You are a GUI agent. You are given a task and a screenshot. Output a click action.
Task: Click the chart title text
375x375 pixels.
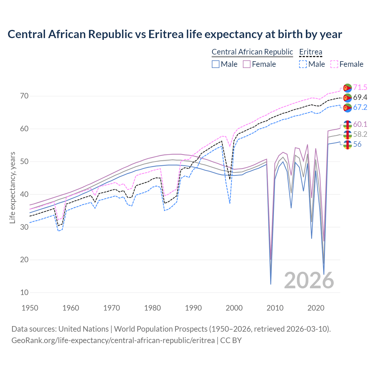point(175,34)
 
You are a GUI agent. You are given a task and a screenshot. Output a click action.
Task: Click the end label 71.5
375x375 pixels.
point(360,87)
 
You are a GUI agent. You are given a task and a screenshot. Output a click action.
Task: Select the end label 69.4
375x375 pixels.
point(360,97)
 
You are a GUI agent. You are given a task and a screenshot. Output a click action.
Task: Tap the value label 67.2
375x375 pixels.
point(360,107)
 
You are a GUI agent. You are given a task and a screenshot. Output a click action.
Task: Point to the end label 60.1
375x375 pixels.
point(360,124)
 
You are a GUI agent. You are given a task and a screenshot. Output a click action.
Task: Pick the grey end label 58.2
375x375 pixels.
point(360,134)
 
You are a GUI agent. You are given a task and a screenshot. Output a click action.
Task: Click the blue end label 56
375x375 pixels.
point(357,144)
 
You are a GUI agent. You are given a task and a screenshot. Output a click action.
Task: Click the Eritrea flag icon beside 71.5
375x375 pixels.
point(347,88)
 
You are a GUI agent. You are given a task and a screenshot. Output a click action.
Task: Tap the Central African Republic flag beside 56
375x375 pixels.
point(347,144)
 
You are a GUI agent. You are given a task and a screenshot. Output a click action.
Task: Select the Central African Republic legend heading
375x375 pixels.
point(252,52)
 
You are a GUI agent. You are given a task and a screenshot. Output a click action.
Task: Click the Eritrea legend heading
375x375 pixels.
point(311,52)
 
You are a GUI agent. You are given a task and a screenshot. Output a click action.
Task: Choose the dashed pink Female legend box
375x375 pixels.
point(334,64)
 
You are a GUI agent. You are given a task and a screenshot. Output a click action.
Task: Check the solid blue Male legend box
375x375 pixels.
point(216,64)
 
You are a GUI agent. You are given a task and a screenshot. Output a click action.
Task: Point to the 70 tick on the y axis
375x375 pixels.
point(25,96)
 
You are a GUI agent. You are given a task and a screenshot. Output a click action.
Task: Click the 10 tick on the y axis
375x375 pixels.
point(25,292)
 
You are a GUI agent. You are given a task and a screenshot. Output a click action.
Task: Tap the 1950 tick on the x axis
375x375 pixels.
point(30,308)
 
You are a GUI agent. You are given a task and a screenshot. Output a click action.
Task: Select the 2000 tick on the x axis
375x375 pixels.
point(234,308)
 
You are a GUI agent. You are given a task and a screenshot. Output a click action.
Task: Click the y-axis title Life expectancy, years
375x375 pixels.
point(12,187)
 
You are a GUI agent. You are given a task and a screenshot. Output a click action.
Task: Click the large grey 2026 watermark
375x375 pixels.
point(309,280)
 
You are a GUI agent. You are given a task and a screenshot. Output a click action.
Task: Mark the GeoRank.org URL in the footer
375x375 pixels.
point(113,340)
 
